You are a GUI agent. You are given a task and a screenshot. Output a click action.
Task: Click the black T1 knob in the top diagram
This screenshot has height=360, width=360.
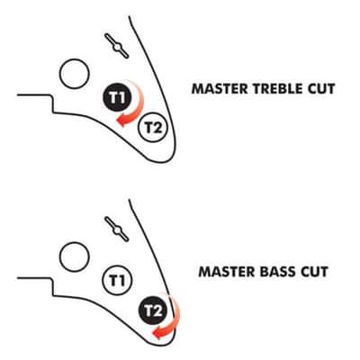(x=117, y=97)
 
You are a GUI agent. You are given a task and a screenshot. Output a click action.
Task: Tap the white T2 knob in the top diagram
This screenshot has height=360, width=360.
(x=153, y=128)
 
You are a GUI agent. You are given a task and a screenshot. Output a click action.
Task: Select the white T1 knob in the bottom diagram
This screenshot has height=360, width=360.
(x=117, y=280)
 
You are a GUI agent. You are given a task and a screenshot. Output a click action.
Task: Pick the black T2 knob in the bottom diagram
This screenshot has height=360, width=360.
(x=153, y=310)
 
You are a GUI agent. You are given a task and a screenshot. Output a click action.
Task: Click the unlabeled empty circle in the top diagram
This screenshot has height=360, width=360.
(x=75, y=74)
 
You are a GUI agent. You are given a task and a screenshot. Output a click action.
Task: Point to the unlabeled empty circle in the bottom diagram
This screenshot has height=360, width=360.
(x=75, y=256)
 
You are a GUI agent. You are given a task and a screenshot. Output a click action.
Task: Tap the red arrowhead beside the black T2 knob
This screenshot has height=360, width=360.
(x=158, y=333)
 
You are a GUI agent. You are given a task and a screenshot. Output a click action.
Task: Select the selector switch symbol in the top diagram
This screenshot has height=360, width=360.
(x=117, y=46)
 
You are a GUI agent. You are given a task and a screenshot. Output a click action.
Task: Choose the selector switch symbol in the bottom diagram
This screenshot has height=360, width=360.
(x=117, y=229)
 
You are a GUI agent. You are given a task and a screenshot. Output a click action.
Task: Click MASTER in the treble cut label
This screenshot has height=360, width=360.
(x=220, y=89)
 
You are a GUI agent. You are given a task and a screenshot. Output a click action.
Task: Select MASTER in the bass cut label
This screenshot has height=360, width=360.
(x=227, y=272)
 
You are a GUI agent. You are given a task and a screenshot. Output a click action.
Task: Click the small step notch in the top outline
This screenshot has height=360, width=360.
(x=53, y=104)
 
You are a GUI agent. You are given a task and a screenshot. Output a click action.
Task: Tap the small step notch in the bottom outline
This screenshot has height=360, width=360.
(x=53, y=287)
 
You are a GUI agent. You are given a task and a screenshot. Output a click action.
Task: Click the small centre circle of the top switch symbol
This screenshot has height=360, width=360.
(x=117, y=46)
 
